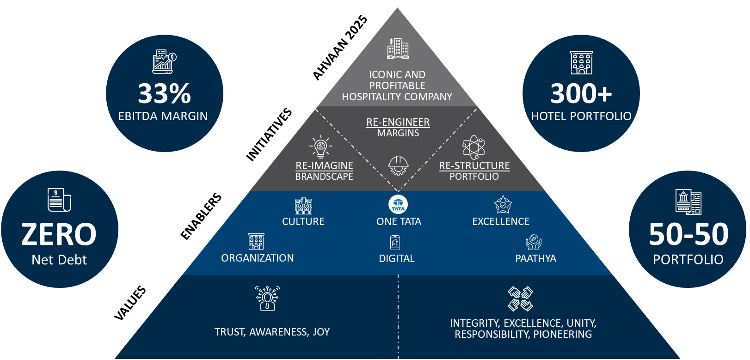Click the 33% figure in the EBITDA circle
pyautogui.click(x=164, y=94)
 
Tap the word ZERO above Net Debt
pyautogui.click(x=59, y=234)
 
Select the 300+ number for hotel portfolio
pyautogui.click(x=581, y=94)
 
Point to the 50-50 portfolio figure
pyautogui.click(x=688, y=234)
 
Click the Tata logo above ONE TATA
pyautogui.click(x=398, y=205)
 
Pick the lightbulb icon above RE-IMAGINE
pyautogui.click(x=320, y=147)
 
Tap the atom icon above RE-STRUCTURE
pyautogui.click(x=473, y=147)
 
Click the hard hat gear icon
pyautogui.click(x=398, y=165)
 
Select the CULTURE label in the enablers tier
pyautogui.click(x=303, y=222)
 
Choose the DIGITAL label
pyautogui.click(x=397, y=259)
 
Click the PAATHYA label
pyautogui.click(x=535, y=259)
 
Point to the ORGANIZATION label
pyautogui.click(x=257, y=258)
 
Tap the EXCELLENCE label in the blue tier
pyautogui.click(x=500, y=222)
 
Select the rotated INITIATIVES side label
pyautogui.click(x=269, y=134)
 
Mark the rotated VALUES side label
pyautogui.click(x=130, y=303)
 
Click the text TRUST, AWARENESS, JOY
pyautogui.click(x=272, y=332)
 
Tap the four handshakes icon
pyautogui.click(x=520, y=299)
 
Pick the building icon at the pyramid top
pyautogui.click(x=398, y=49)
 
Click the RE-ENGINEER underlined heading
pyautogui.click(x=398, y=122)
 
